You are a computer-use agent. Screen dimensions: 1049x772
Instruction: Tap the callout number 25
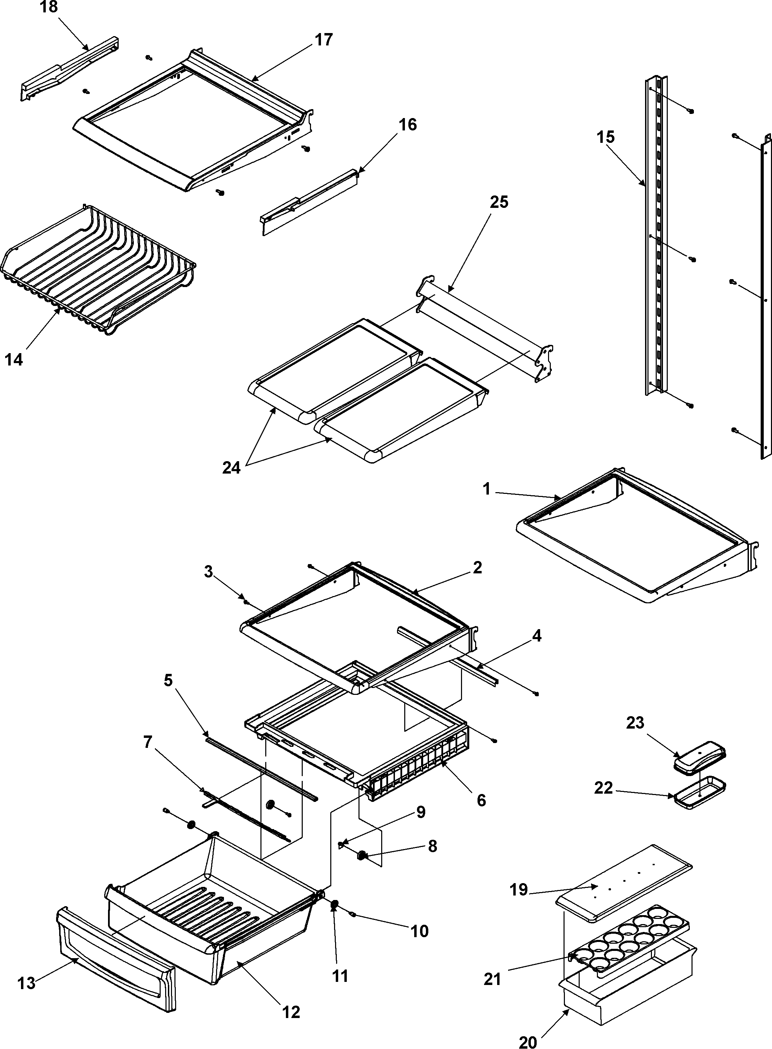pos(498,202)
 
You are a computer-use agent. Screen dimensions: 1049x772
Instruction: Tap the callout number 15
pos(605,137)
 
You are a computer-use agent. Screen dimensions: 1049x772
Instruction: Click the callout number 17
pos(323,40)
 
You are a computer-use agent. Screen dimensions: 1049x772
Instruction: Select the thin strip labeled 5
pos(262,766)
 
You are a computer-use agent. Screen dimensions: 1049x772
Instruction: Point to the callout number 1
pos(486,489)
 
